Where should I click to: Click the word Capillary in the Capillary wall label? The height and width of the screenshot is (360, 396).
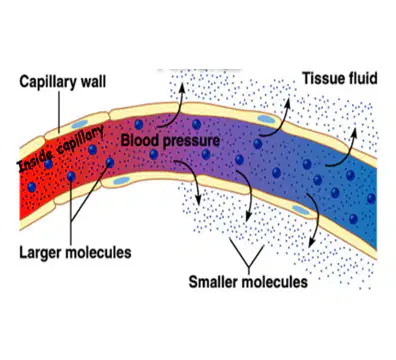pos(47,82)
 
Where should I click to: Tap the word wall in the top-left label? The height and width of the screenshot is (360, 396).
pos(93,81)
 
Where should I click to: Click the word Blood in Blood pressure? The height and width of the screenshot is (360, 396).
pos(140,140)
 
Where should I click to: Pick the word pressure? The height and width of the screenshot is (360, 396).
pos(191,141)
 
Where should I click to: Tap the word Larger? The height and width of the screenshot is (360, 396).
pos(40,252)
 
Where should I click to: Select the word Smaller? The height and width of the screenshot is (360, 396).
pos(213,282)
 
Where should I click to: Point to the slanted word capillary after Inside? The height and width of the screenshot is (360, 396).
pos(80,141)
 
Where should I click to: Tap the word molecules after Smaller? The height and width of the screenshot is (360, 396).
pos(274,282)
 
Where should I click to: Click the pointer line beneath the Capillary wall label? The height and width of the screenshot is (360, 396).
pos(59,112)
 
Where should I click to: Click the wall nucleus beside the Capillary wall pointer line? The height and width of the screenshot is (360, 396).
pos(79,124)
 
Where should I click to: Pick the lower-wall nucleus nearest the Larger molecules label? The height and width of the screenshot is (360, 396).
pos(121,180)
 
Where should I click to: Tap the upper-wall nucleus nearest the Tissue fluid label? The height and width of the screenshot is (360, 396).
pos(266,119)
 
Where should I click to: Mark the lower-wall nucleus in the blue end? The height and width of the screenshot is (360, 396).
pos(301,210)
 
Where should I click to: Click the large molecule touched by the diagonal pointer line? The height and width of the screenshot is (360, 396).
pos(110,163)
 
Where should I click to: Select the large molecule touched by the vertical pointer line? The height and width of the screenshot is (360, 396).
pos(71,176)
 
